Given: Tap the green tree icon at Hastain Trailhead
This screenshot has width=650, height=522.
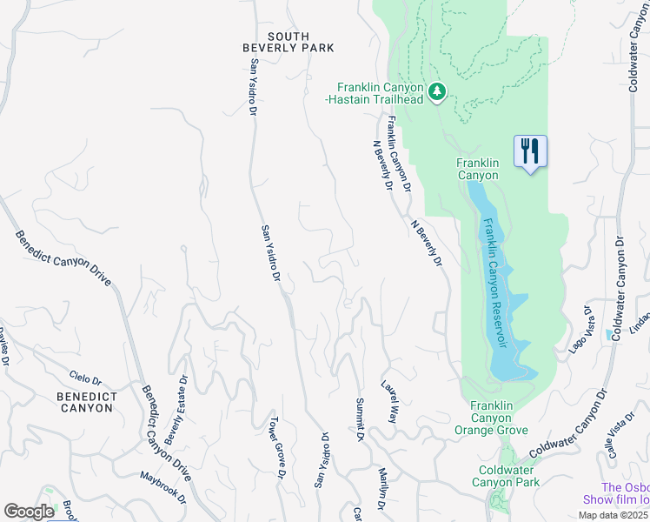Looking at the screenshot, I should [x=438, y=90].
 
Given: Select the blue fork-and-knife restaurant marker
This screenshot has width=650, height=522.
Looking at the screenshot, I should [x=530, y=151].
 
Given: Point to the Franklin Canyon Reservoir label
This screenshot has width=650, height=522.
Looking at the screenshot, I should [x=494, y=281].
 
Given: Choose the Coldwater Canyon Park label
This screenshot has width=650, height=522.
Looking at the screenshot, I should [x=508, y=476].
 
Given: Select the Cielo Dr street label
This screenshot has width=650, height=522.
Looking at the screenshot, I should [x=85, y=380].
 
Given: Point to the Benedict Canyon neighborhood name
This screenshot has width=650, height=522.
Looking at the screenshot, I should [x=85, y=401].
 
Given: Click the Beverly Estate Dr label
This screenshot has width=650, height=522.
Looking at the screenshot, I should [x=175, y=410].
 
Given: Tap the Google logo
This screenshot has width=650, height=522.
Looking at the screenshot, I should [x=29, y=511].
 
